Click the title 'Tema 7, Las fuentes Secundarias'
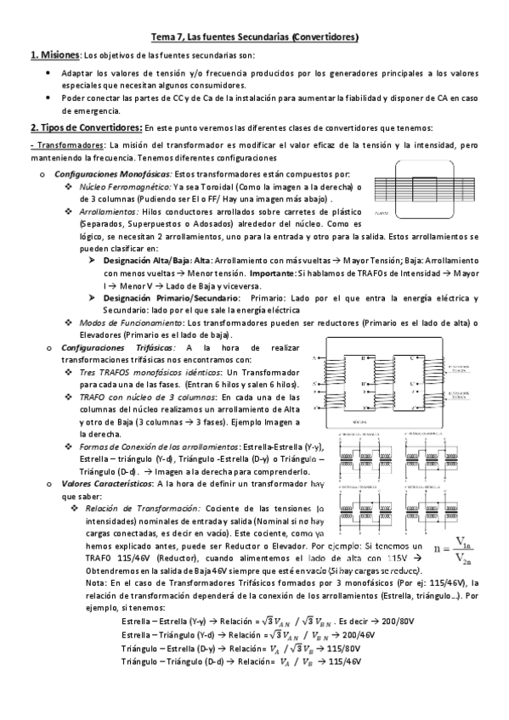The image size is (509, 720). [x=254, y=37]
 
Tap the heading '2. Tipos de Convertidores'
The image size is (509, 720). [x=85, y=127]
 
